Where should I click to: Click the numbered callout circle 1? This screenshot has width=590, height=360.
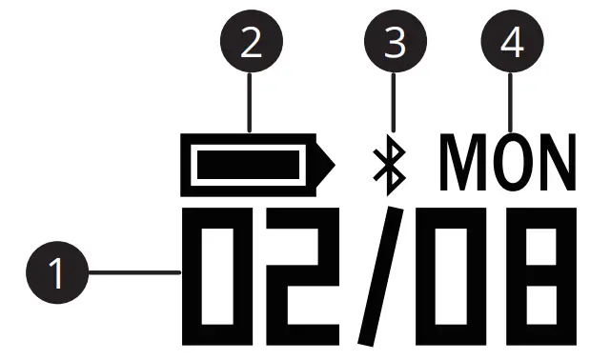click(x=57, y=273)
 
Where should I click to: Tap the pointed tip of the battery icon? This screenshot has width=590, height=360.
click(x=329, y=164)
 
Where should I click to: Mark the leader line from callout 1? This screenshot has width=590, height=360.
click(x=133, y=273)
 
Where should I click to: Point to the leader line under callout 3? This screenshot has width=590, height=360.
click(x=395, y=110)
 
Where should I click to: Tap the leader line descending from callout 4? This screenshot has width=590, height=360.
click(x=513, y=105)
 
